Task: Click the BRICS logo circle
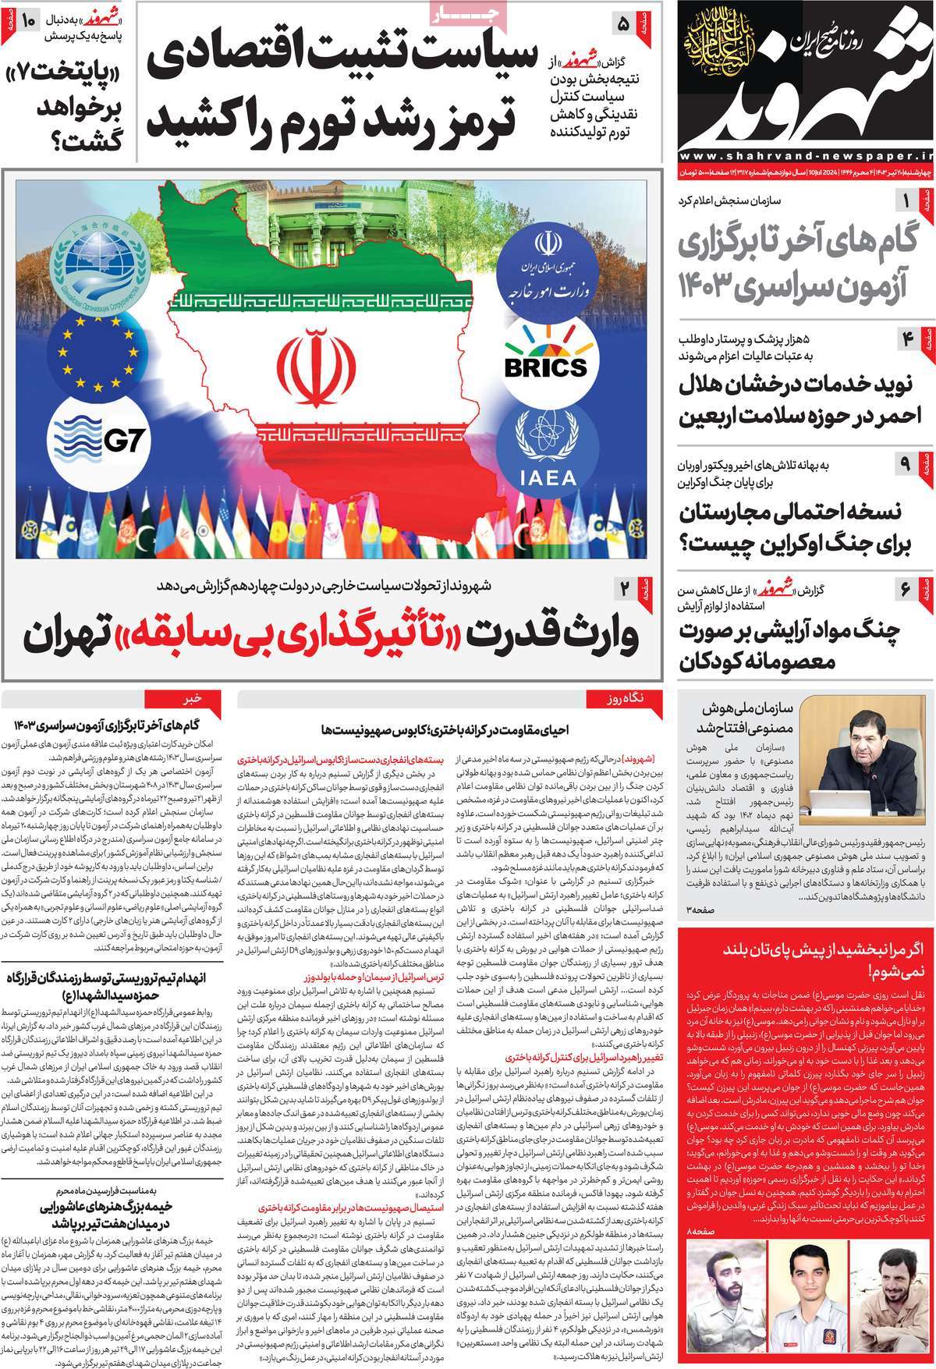545,364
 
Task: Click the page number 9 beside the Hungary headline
906,463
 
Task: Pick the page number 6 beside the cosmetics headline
906,589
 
